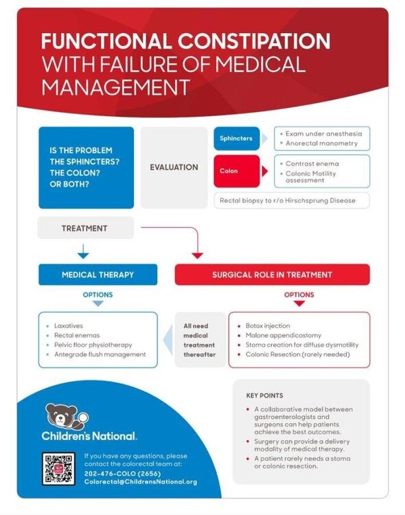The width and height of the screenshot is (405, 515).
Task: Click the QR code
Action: coord(58,469)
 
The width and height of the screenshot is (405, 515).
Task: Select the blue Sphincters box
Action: coord(237,139)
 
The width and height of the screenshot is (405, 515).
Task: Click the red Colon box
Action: coord(237,171)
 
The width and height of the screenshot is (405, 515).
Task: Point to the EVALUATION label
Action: coord(174,167)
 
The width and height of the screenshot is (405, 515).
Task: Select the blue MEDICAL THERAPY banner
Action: coord(98,275)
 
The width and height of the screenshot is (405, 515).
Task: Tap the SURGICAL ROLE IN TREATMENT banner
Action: coord(273,275)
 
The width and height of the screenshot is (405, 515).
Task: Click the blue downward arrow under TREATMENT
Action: coord(83,251)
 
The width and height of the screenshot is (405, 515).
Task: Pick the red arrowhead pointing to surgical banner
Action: coord(198,255)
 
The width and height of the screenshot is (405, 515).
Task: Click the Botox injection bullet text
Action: coord(268,325)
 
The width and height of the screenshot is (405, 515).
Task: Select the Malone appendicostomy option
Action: coord(283,335)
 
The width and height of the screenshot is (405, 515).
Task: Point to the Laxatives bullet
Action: coord(69,325)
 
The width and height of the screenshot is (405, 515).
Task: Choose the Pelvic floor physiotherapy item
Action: coord(93,345)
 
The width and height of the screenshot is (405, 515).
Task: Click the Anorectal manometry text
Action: coord(321,144)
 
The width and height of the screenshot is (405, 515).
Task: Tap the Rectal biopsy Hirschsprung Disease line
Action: coord(288,201)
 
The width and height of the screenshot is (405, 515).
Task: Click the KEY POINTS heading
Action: coord(264,396)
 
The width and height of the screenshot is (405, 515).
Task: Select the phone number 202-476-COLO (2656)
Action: coord(122,474)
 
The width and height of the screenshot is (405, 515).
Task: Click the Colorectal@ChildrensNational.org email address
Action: coord(141,482)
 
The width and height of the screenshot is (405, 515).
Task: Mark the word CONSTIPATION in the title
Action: coord(254,41)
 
